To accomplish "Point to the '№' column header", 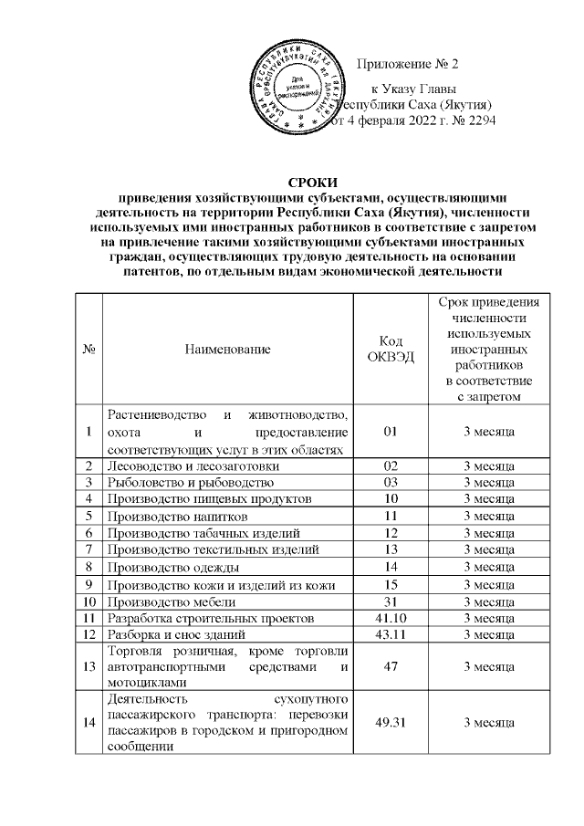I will [89, 348].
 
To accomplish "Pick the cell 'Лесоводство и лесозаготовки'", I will [190, 465].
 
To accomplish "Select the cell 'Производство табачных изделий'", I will [203, 532].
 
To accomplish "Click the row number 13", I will [89, 667].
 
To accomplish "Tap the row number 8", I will [89, 566].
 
